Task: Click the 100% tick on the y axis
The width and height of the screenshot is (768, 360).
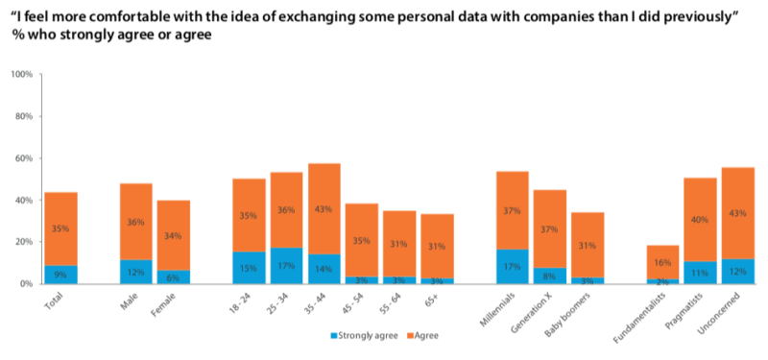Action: click(x=21, y=75)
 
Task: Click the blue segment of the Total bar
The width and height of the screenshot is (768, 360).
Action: click(x=61, y=275)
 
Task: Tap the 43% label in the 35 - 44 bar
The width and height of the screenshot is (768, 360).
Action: click(x=324, y=208)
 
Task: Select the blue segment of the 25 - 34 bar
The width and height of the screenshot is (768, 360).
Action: click(x=286, y=266)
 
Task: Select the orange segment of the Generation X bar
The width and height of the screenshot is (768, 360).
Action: click(x=548, y=228)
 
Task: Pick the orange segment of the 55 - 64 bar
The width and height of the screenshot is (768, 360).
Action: click(x=398, y=244)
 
